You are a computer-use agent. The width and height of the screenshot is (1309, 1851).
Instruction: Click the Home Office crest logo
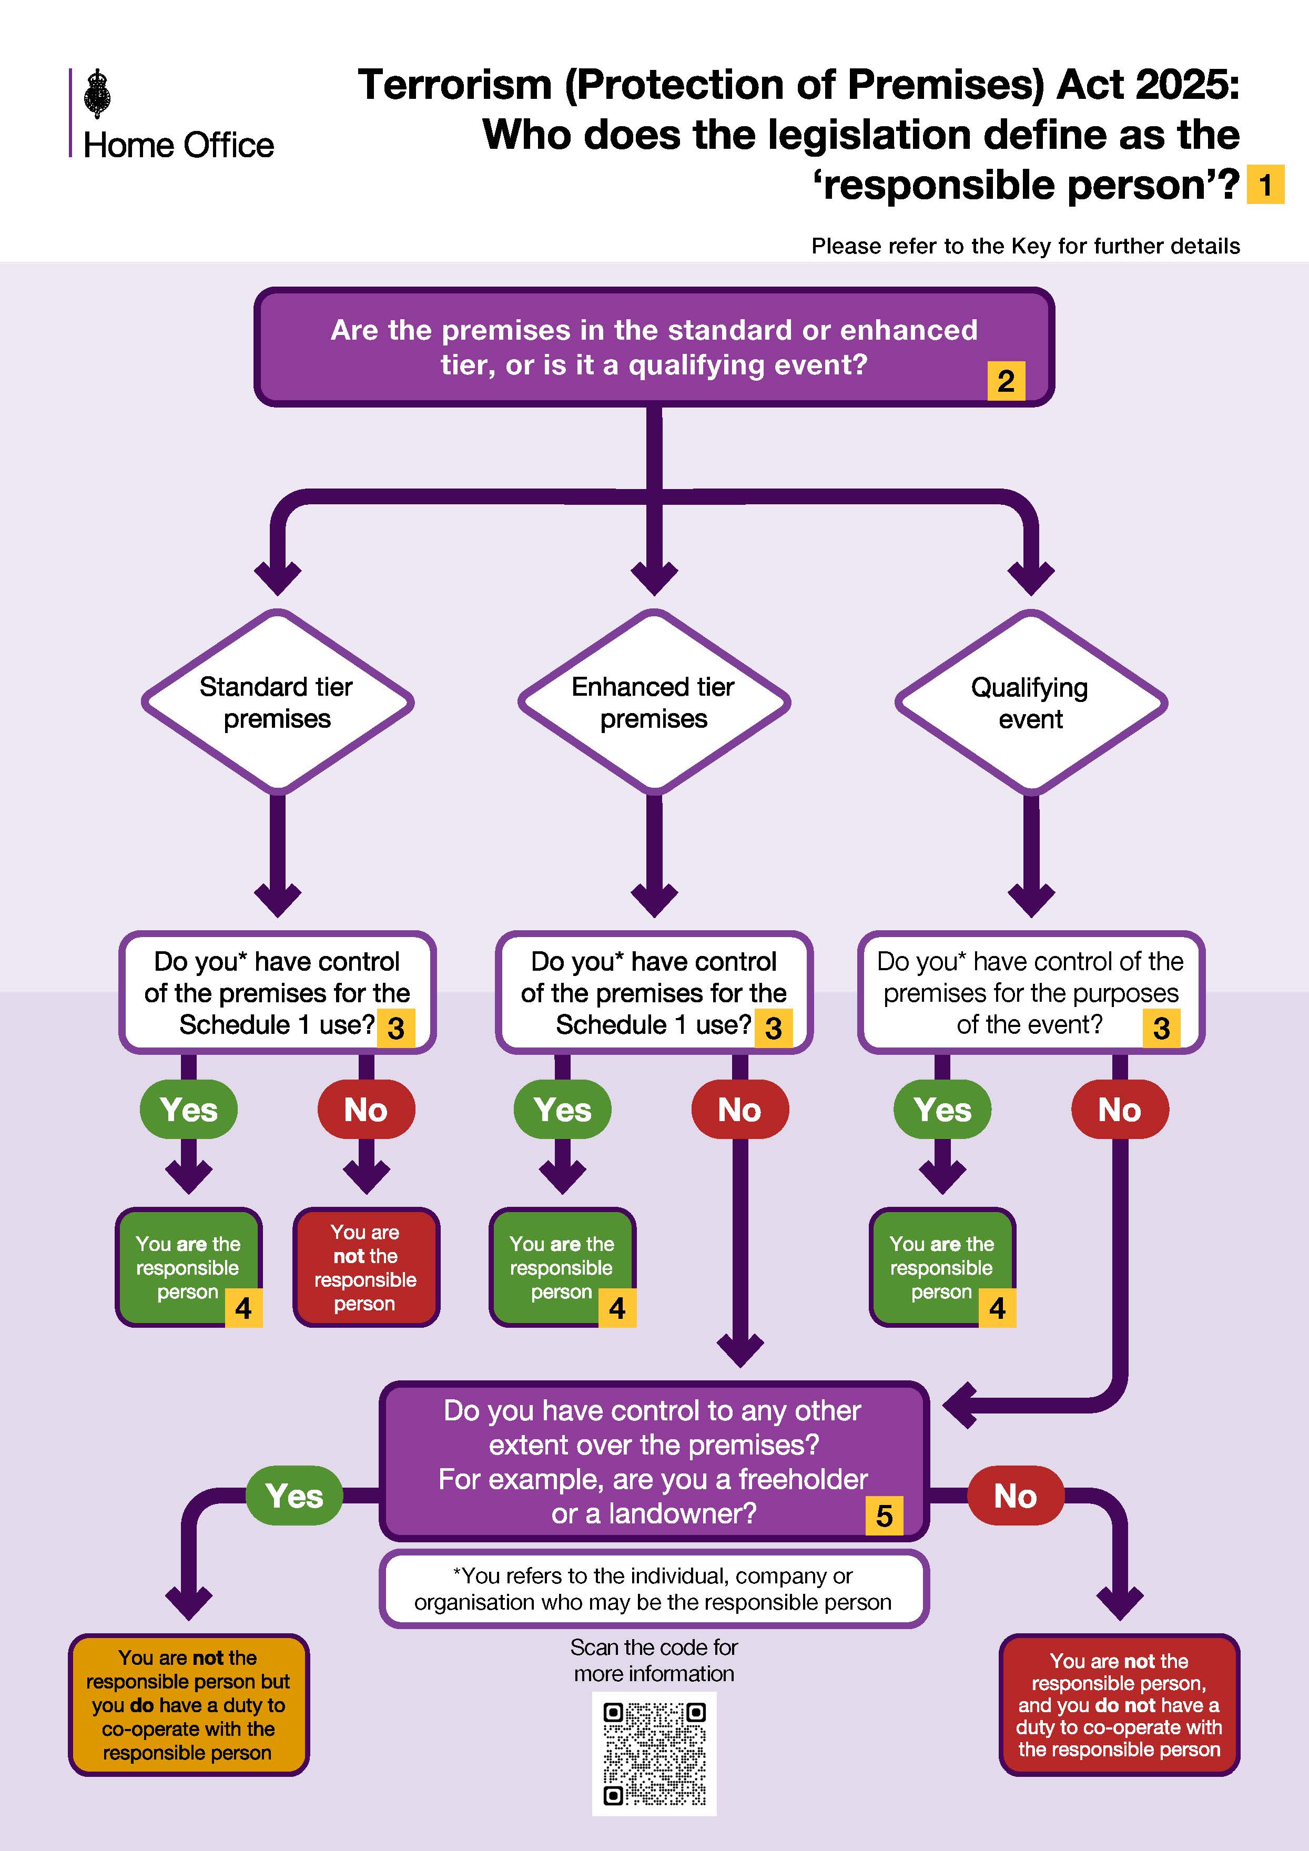(x=97, y=94)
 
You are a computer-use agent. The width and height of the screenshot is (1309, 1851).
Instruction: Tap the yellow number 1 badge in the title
(x=1265, y=185)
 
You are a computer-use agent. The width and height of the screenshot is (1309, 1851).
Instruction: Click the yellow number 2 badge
(x=1005, y=381)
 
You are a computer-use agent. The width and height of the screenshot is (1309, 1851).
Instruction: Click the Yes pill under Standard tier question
(x=189, y=1110)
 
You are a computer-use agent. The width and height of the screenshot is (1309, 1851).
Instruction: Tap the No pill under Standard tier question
(x=366, y=1110)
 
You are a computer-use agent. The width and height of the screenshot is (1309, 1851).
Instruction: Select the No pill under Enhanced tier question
(x=739, y=1110)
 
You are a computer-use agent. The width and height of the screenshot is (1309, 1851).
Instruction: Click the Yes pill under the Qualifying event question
(x=942, y=1110)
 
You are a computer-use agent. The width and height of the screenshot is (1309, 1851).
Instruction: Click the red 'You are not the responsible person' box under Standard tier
(x=366, y=1267)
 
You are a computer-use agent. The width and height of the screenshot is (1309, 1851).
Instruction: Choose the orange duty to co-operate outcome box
(x=189, y=1704)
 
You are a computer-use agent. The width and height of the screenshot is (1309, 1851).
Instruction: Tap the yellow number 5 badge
(x=884, y=1515)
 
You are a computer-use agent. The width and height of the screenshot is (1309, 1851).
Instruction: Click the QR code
(x=654, y=1753)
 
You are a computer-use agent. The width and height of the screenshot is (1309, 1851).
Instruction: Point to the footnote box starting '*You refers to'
(x=654, y=1588)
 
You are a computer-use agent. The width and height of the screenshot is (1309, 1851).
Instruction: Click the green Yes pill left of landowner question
(x=294, y=1496)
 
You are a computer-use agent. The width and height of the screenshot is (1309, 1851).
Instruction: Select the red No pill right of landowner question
(x=1015, y=1496)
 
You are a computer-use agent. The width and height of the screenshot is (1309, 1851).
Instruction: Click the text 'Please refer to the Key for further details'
(x=1026, y=246)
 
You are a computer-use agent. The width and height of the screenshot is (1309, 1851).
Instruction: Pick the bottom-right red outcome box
(x=1119, y=1704)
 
